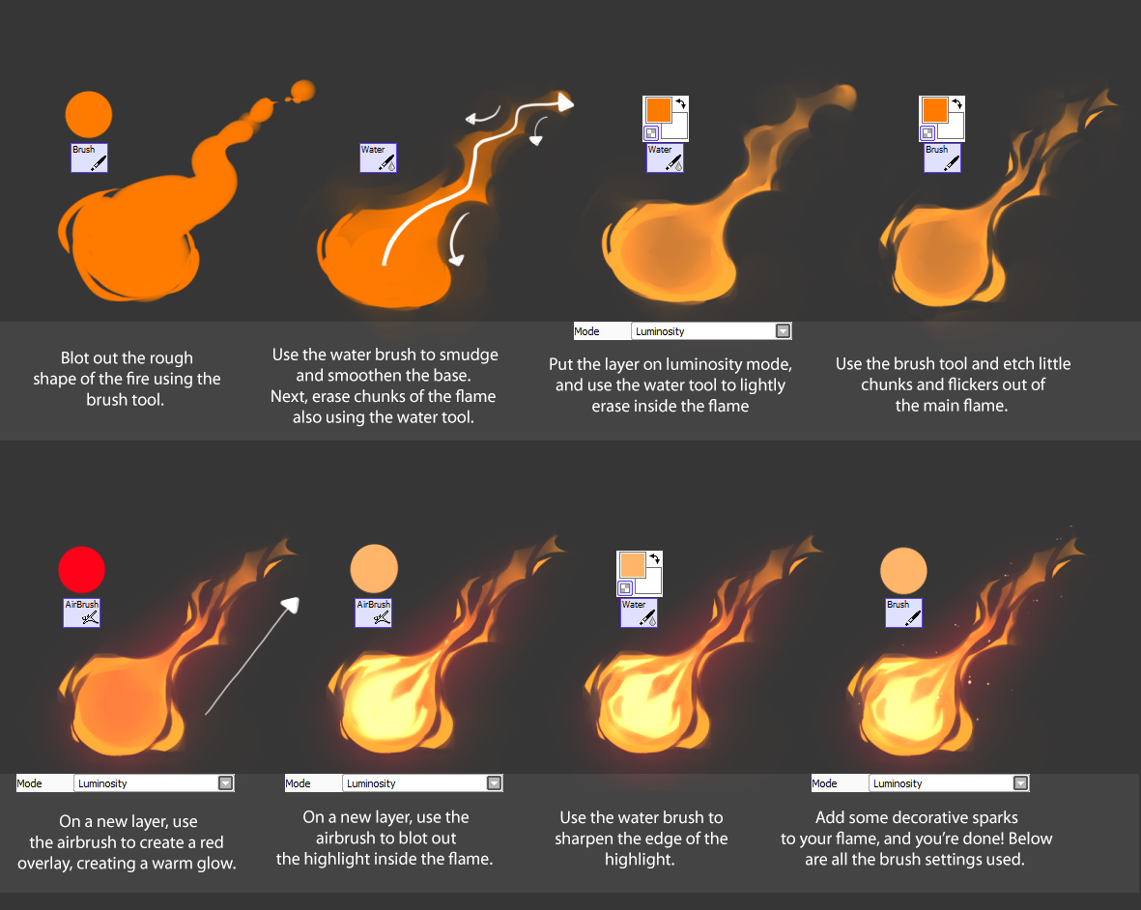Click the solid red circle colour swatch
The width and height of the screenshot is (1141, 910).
coord(81,570)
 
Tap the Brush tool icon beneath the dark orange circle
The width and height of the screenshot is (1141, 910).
coord(90,157)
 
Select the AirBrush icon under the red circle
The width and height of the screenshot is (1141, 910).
coord(81,612)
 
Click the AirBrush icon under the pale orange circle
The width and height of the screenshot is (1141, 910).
coord(373,612)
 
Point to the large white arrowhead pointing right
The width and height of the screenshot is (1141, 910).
coord(565,102)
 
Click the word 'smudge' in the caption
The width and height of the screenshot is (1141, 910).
coord(469,355)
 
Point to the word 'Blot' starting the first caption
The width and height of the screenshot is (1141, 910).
coord(75,357)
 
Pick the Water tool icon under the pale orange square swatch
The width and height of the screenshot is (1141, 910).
coord(639,612)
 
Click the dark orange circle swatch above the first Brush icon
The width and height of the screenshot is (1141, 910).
coord(89,114)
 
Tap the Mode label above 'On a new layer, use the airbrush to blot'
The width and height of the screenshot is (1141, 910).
coord(299,783)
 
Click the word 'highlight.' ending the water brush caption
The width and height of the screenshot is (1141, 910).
coord(640,860)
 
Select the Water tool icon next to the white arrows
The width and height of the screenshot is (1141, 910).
coord(379,157)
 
